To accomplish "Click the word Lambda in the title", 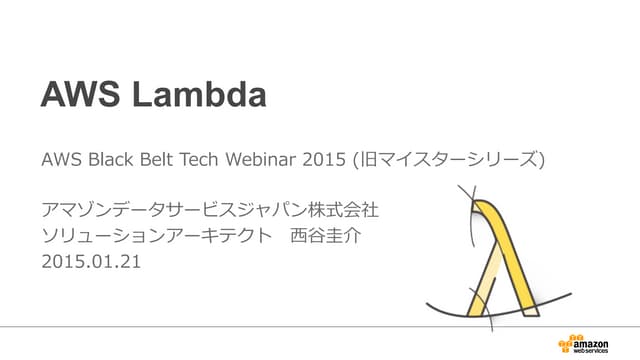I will [207, 95].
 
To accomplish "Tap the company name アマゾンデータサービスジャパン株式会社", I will [210, 212].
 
